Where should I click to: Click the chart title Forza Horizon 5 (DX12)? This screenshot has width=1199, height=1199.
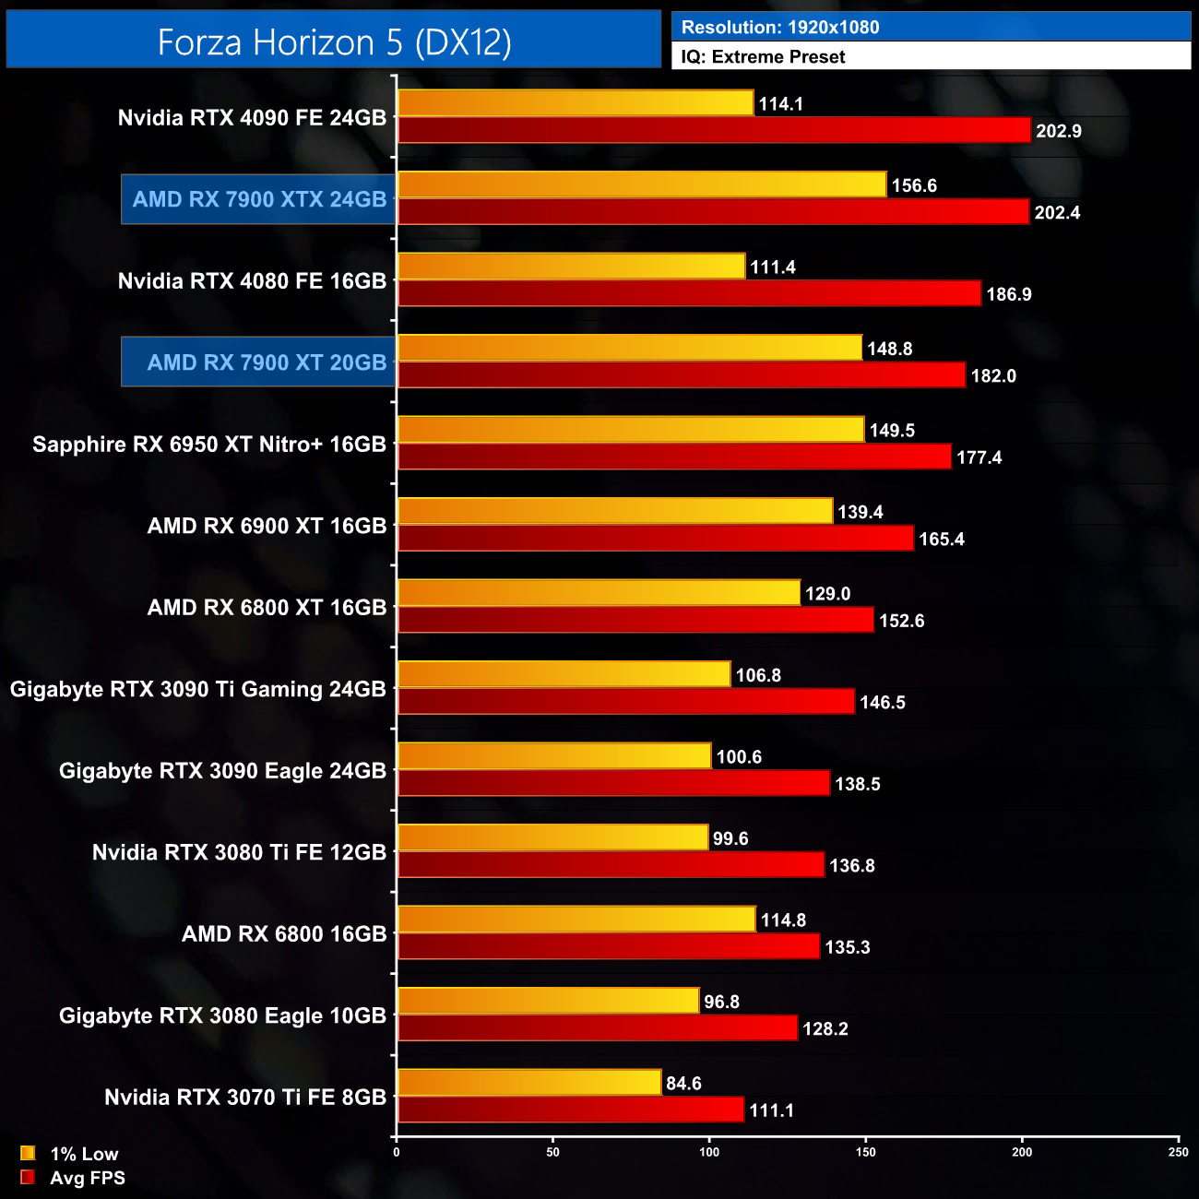click(334, 42)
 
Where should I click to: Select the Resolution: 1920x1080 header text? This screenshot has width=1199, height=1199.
click(780, 28)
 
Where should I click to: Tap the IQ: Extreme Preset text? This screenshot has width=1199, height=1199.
click(763, 57)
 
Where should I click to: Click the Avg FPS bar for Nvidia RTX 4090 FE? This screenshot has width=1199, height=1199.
click(714, 130)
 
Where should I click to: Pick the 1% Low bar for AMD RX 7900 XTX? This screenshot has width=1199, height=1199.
click(642, 184)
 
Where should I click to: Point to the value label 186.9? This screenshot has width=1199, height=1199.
click(1009, 294)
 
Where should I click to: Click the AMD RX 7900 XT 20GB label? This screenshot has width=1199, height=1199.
click(267, 362)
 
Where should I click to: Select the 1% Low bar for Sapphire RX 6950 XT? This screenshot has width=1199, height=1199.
click(631, 430)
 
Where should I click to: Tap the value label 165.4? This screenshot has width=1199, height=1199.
click(942, 540)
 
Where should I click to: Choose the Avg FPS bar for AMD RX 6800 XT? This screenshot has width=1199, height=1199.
click(635, 620)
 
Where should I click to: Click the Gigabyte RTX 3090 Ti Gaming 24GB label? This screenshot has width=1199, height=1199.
click(198, 689)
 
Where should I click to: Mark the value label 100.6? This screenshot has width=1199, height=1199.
click(739, 757)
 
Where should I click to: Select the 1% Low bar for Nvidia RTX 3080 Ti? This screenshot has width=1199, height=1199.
click(553, 837)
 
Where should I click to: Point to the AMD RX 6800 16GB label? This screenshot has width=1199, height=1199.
click(284, 934)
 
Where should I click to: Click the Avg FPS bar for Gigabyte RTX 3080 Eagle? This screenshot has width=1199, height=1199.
click(598, 1028)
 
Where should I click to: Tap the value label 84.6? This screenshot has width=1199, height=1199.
click(683, 1084)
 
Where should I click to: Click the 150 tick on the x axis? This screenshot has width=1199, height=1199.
click(866, 1151)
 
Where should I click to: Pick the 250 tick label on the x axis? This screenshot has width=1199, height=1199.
click(1178, 1151)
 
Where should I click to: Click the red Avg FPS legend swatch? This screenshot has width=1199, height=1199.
click(28, 1178)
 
